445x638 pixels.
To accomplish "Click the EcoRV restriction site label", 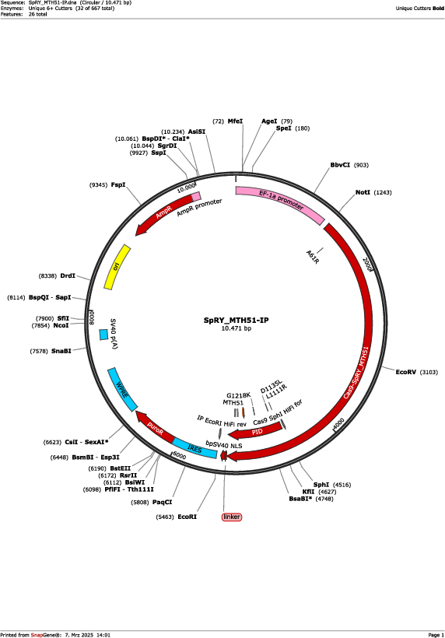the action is (x=405, y=372).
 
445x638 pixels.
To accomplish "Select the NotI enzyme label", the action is (x=363, y=192).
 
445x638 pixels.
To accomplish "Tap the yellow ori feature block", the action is (x=117, y=267).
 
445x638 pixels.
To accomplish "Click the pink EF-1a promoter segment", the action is (x=281, y=203).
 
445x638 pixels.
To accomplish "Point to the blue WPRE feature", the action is (x=122, y=389).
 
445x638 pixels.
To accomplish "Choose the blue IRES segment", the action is (x=194, y=447).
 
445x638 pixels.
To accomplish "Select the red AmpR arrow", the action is (x=165, y=213).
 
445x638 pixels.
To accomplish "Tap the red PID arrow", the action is (x=257, y=431).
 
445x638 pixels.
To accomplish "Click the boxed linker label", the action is (x=232, y=517).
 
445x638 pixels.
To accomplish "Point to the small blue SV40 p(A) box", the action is (x=103, y=335).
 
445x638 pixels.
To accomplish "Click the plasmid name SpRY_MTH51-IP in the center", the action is (x=236, y=321).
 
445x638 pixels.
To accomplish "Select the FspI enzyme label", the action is (x=118, y=184).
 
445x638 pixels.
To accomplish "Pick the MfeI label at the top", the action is (x=235, y=121).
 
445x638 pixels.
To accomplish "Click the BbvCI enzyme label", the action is (x=340, y=165).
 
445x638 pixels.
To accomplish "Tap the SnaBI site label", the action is (x=61, y=351).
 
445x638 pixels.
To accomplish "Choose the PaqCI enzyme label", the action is (x=162, y=502).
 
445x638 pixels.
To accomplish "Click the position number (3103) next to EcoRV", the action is (x=429, y=372).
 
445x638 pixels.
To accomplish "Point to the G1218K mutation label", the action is (x=238, y=395).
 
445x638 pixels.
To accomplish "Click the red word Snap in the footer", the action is (x=37, y=635).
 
